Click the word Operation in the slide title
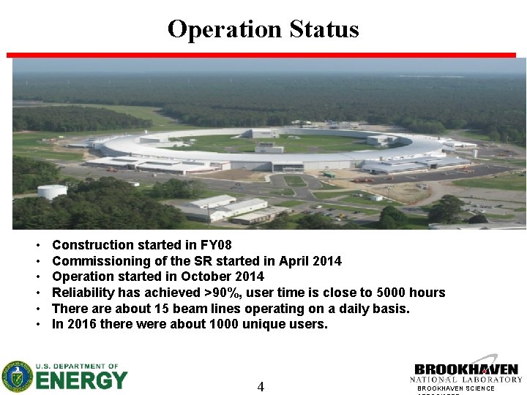click(225, 29)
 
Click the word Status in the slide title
click(324, 29)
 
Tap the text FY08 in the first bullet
click(216, 245)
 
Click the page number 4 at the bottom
click(261, 386)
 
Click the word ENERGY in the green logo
click(82, 380)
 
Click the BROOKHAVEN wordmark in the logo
click(466, 369)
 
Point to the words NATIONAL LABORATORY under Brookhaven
click(466, 380)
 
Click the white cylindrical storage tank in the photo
click(52, 192)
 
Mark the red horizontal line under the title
click(261, 55)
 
